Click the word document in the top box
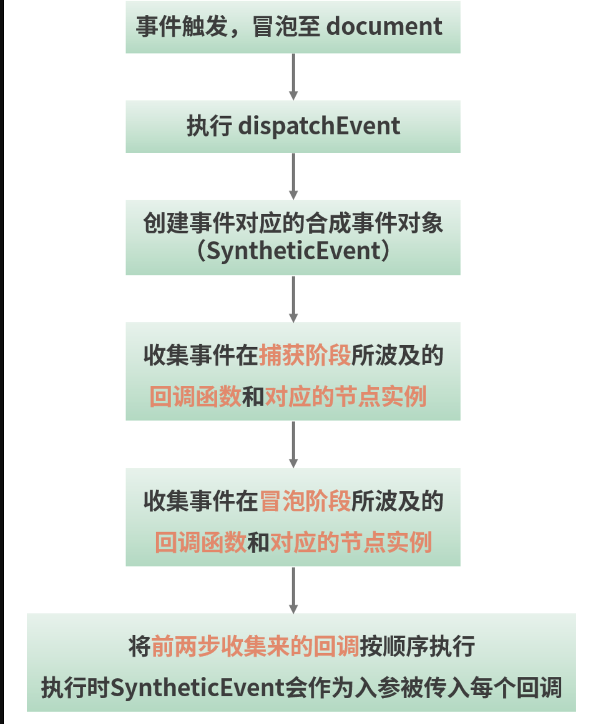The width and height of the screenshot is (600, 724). click(x=384, y=26)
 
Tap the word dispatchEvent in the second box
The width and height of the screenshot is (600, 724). click(x=319, y=126)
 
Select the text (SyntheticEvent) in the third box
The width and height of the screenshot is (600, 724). click(x=293, y=251)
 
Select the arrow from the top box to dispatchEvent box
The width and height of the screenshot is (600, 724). click(x=294, y=77)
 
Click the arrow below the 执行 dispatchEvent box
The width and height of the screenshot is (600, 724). click(x=294, y=176)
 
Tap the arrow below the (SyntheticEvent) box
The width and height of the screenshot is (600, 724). click(x=294, y=299)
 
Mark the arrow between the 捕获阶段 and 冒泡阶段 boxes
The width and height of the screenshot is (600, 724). click(x=294, y=445)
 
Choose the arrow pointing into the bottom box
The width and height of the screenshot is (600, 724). click(x=294, y=591)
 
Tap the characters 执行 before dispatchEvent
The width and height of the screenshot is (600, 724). click(x=209, y=126)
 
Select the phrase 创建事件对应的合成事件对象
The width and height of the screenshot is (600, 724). click(x=293, y=223)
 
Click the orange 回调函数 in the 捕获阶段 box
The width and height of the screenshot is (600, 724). click(x=195, y=396)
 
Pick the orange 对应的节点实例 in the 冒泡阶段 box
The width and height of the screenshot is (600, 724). click(x=351, y=542)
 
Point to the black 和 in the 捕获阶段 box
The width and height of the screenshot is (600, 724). click(x=253, y=396)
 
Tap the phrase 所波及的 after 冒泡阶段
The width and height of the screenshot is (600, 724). click(x=398, y=501)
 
